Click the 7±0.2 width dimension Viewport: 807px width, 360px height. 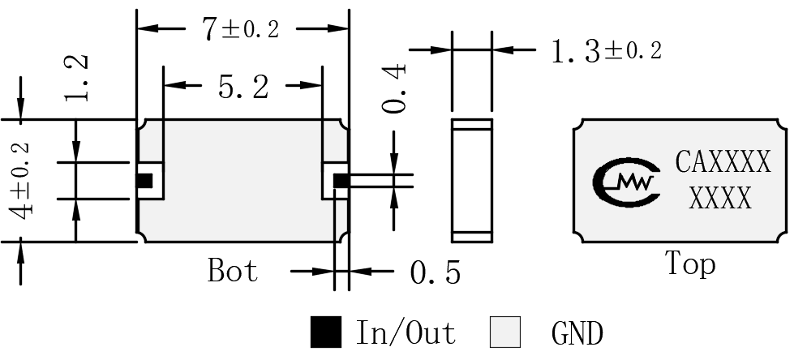click(241, 28)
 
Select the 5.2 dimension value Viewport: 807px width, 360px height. click(243, 86)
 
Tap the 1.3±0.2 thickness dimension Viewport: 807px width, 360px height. click(607, 51)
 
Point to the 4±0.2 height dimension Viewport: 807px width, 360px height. click(21, 181)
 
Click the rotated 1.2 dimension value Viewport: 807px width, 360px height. click(76, 78)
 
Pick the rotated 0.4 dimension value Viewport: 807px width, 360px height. click(394, 88)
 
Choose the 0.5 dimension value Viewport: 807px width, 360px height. click(435, 272)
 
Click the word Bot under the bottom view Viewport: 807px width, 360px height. click(232, 270)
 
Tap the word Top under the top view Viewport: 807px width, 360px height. click(690, 264)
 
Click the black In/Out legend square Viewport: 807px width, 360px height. click(326, 332)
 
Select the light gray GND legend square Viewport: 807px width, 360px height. click(505, 332)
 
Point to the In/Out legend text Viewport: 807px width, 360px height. click(406, 332)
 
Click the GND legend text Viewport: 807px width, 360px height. click(577, 332)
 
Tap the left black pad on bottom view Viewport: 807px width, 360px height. click(144, 181)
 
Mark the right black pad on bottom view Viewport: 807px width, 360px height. click(341, 181)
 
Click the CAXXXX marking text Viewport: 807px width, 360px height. click(723, 162)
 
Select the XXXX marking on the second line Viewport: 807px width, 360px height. click(720, 198)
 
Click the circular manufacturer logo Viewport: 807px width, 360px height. click(626, 182)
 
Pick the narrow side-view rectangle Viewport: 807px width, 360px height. click(472, 181)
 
